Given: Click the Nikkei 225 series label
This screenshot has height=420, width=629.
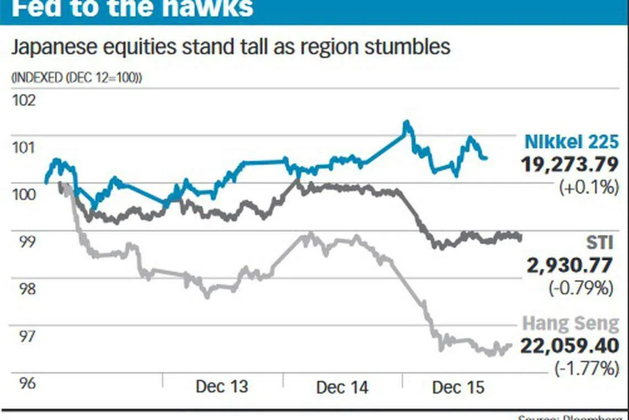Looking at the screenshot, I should (571, 142).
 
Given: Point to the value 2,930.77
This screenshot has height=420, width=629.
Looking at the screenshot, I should (569, 266).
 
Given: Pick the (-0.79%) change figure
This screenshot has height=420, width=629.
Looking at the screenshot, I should (580, 288).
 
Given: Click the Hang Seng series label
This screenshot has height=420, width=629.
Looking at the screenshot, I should (571, 324).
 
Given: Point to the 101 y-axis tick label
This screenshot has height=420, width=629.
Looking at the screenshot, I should (23, 148).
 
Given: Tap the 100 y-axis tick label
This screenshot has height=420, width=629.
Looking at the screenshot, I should (23, 195).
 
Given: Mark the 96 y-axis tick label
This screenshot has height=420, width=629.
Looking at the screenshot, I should (23, 383).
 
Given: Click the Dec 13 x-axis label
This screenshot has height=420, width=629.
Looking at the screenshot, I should (222, 387).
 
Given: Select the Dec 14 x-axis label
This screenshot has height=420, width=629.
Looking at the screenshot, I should (342, 387).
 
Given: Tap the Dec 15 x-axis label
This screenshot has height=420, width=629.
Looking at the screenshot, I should (458, 387).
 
